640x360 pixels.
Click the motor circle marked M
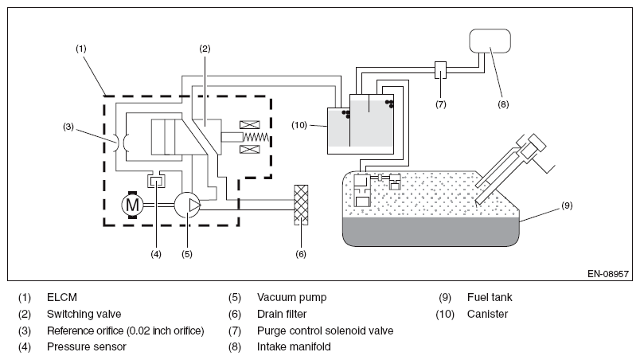[x=131, y=205]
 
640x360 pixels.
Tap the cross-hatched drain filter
[x=301, y=205]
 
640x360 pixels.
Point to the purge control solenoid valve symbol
[x=440, y=70]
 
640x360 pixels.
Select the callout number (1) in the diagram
[x=80, y=49]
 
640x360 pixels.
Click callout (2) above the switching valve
[x=205, y=49]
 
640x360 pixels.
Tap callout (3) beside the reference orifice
[x=69, y=126]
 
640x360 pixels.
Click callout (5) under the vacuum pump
[x=185, y=254]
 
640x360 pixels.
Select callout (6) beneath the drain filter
[x=301, y=254]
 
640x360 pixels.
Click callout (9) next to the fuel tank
[x=566, y=205]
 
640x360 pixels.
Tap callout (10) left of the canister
[x=298, y=125]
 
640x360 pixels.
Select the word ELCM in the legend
[x=61, y=297]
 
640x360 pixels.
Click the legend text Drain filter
[x=281, y=314]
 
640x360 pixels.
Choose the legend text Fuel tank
[x=490, y=297]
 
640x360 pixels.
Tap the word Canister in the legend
[x=487, y=314]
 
